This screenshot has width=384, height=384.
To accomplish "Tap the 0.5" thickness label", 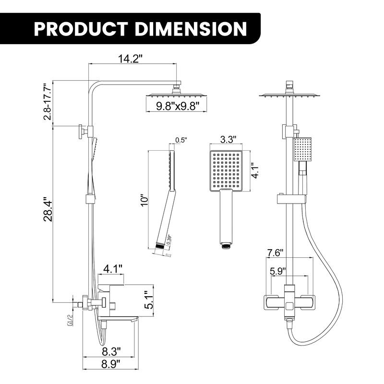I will click(x=180, y=140).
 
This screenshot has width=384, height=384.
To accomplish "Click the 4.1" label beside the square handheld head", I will click(x=256, y=168).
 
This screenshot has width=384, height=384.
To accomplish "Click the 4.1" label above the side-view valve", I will click(x=113, y=268).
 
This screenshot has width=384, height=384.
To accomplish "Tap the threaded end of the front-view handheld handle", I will click(x=225, y=245).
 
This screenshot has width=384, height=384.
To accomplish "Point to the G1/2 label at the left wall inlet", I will click(x=70, y=319).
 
